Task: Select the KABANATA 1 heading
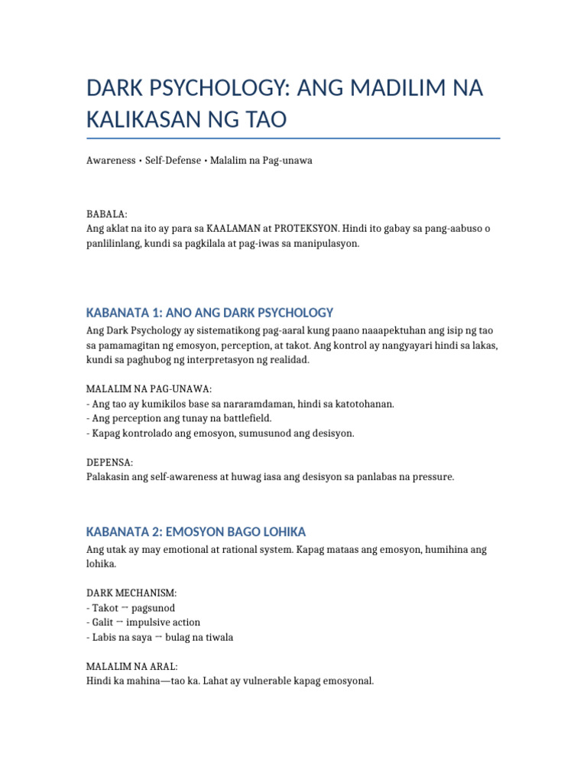pyautogui.click(x=210, y=312)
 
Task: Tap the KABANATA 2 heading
pyautogui.click(x=196, y=531)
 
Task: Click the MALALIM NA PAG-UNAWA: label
pyautogui.click(x=149, y=389)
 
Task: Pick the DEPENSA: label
pyautogui.click(x=110, y=463)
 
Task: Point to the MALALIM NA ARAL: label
pyautogui.click(x=132, y=667)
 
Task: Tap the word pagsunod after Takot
pyautogui.click(x=152, y=608)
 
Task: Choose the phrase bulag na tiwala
pyautogui.click(x=200, y=637)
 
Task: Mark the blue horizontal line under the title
pyautogui.click(x=293, y=138)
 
